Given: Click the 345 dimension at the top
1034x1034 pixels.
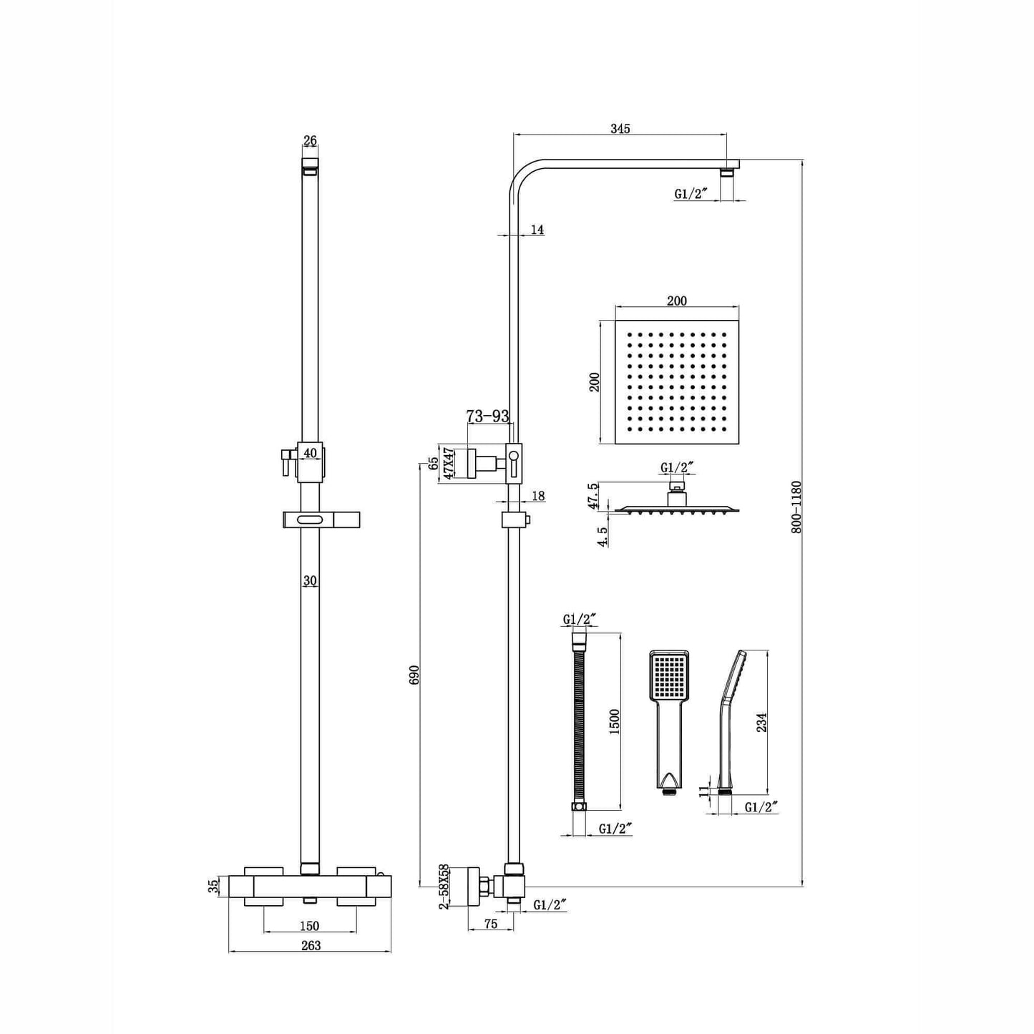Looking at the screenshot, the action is (620, 129).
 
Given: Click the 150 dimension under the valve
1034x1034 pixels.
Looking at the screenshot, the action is (310, 926).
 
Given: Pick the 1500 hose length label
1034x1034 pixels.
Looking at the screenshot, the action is (615, 721).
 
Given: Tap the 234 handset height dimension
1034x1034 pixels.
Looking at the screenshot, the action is (762, 722).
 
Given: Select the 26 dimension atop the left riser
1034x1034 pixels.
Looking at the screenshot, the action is (310, 140).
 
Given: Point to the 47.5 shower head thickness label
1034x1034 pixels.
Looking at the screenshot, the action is (592, 495).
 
